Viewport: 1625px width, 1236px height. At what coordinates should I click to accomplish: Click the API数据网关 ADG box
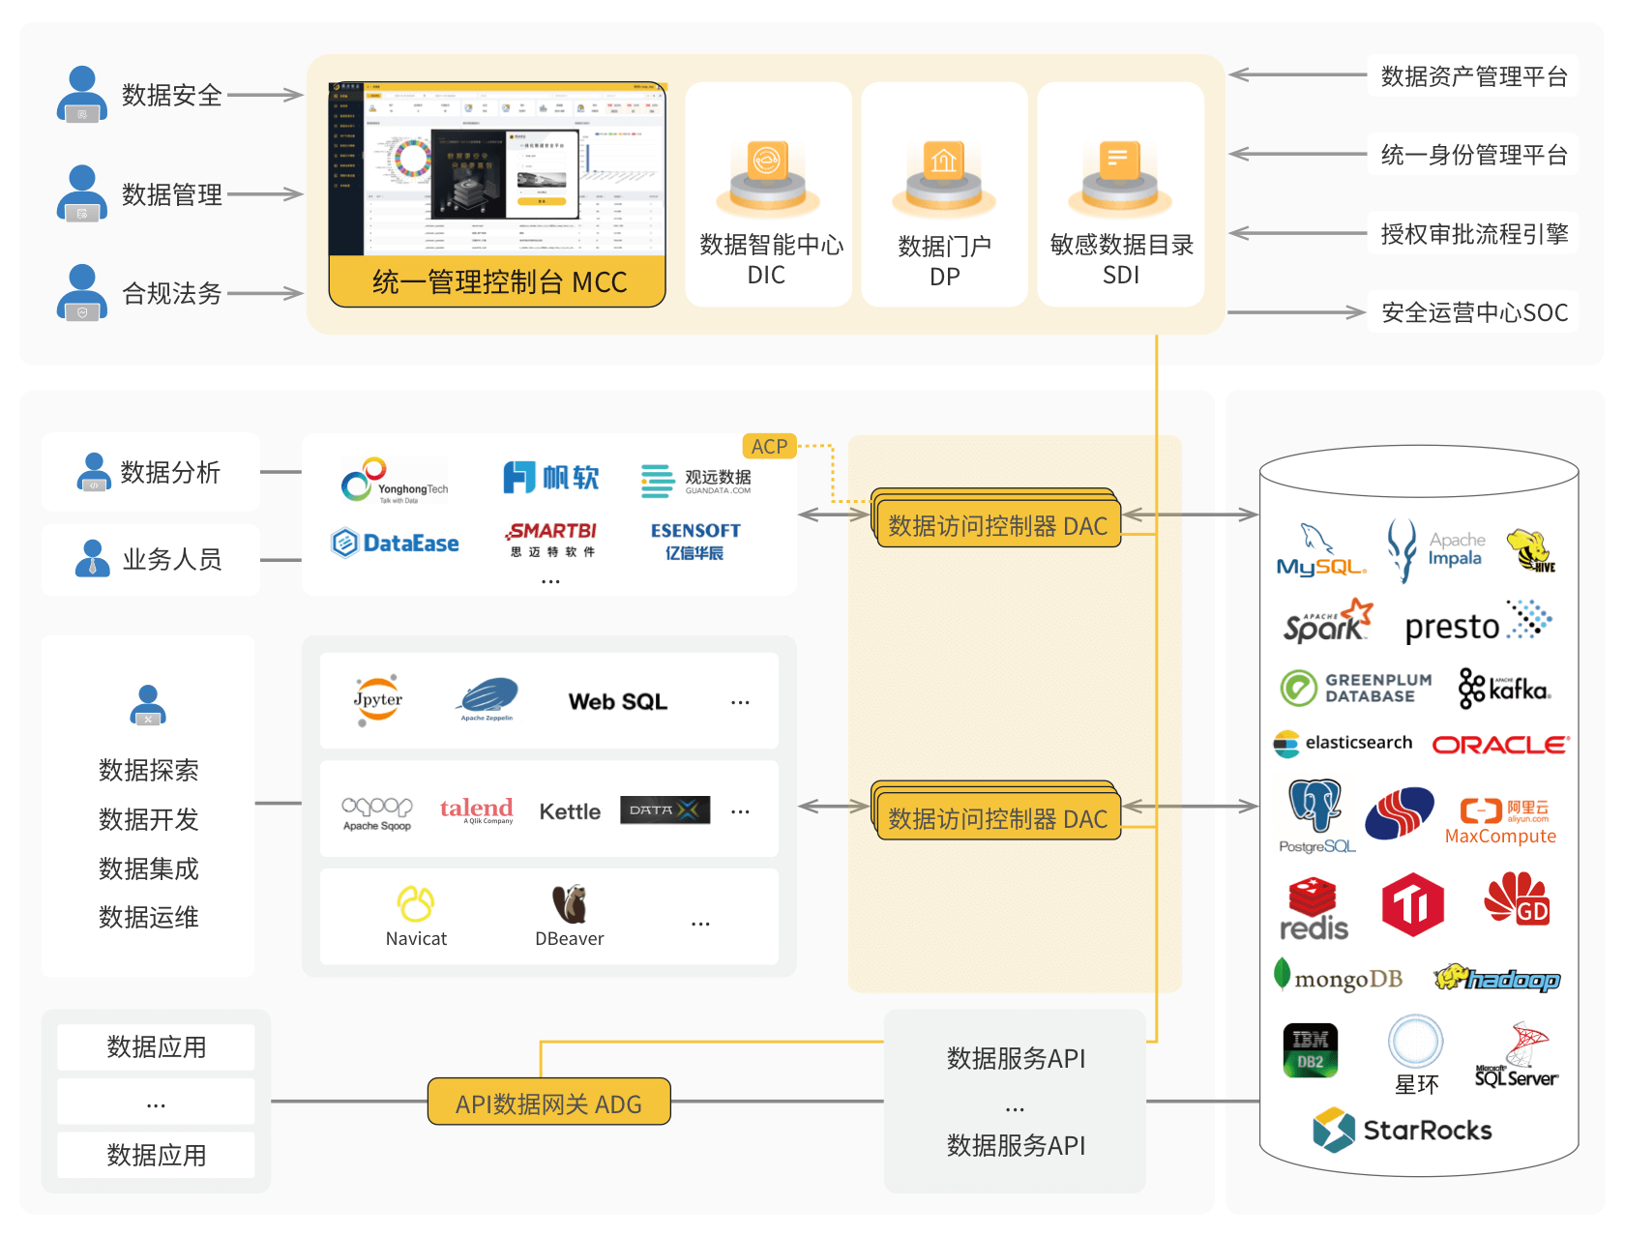click(x=548, y=1103)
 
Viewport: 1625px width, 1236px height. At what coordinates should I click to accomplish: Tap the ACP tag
click(x=769, y=446)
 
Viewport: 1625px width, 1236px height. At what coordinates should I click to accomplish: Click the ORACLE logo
click(x=1500, y=745)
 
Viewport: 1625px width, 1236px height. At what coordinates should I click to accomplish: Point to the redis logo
click(x=1313, y=909)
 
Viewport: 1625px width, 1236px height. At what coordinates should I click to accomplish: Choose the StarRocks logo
click(x=1403, y=1130)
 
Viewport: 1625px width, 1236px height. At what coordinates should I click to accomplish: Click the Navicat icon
click(x=416, y=905)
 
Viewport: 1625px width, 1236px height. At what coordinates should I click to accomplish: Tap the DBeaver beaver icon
click(x=570, y=904)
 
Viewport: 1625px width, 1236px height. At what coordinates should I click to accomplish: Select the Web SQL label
click(x=617, y=702)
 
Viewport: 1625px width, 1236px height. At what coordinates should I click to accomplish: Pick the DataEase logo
click(x=395, y=543)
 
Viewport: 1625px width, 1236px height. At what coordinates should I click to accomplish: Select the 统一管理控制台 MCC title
click(x=498, y=282)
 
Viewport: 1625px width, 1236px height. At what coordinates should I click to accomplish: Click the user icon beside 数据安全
click(x=82, y=94)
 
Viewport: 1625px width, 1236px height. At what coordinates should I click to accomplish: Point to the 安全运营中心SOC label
click(x=1473, y=312)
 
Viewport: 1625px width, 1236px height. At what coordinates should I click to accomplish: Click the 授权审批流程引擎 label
click(x=1473, y=234)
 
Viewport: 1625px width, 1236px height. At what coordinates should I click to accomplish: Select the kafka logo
click(x=1504, y=690)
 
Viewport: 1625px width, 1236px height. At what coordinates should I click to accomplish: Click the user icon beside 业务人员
click(x=93, y=559)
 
